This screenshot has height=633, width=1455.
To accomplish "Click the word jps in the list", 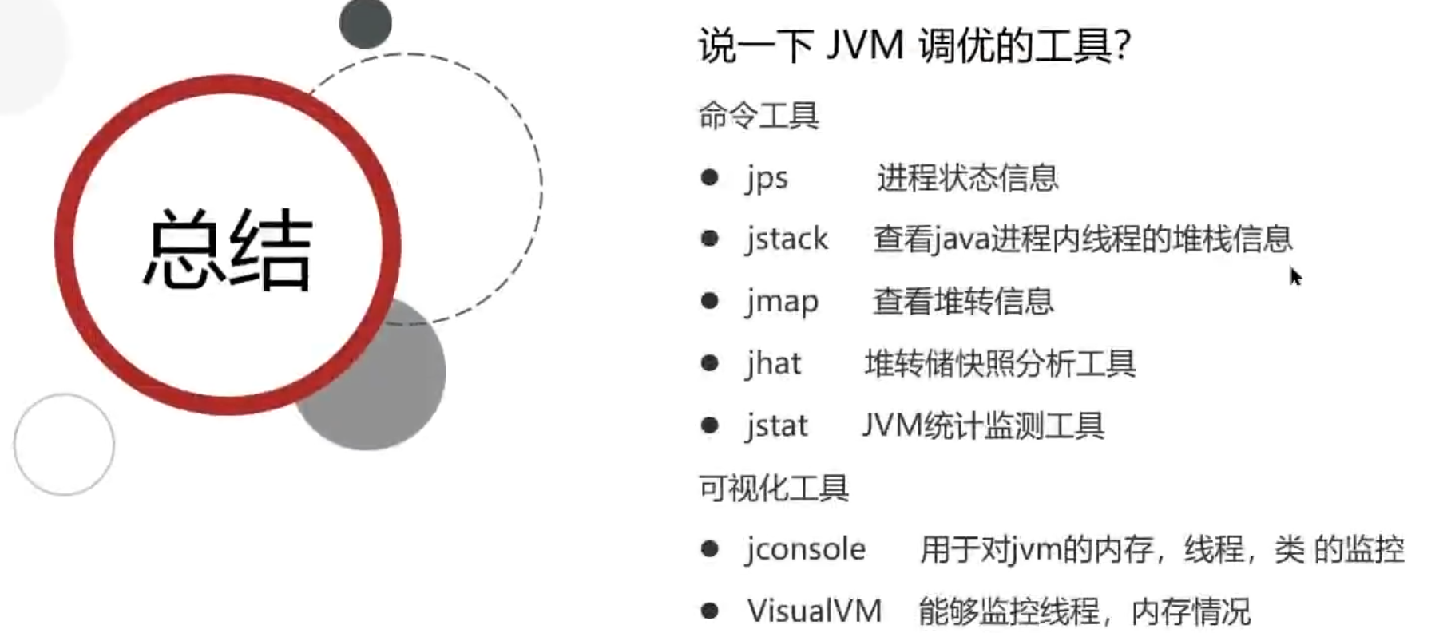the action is pyautogui.click(x=767, y=178).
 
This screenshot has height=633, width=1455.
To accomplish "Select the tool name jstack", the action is pyautogui.click(x=787, y=239).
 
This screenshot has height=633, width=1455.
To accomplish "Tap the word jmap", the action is pyautogui.click(x=783, y=301).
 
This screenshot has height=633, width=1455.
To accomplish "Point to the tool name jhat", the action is pyautogui.click(x=773, y=363).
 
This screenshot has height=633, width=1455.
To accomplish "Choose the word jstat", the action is pyautogui.click(x=776, y=425).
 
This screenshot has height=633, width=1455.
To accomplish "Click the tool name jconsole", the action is pyautogui.click(x=806, y=549).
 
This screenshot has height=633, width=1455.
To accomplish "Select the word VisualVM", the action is pyautogui.click(x=815, y=611).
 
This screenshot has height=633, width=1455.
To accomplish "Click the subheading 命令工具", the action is pyautogui.click(x=759, y=116).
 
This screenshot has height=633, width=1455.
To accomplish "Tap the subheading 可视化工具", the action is pyautogui.click(x=773, y=488).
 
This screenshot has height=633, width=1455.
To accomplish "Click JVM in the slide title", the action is pyautogui.click(x=864, y=45).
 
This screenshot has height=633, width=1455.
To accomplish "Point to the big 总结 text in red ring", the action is pyautogui.click(x=228, y=249).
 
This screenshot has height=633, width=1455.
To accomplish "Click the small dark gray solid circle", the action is pyautogui.click(x=365, y=22).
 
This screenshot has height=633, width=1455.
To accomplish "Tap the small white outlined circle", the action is pyautogui.click(x=64, y=444).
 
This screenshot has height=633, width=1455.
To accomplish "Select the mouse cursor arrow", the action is pyautogui.click(x=1294, y=275).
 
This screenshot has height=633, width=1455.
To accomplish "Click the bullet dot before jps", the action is pyautogui.click(x=709, y=177).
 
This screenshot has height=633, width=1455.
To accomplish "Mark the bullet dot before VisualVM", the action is pyautogui.click(x=709, y=611).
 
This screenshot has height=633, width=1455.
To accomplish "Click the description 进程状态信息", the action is pyautogui.click(x=967, y=178).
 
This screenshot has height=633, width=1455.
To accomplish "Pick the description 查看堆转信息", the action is pyautogui.click(x=963, y=301).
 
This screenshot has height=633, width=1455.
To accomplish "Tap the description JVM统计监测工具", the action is pyautogui.click(x=983, y=425).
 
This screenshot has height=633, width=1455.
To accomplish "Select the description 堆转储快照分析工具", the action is pyautogui.click(x=1000, y=363).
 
